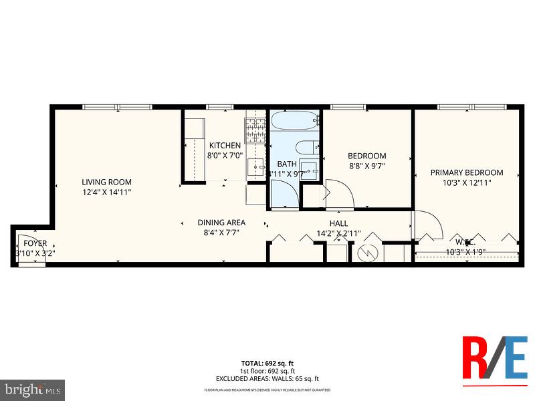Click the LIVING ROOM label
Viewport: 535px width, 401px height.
click(x=106, y=182)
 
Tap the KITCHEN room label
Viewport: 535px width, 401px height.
click(x=225, y=146)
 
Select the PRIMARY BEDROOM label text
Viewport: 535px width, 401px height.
click(x=467, y=172)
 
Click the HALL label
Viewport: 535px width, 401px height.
click(x=338, y=223)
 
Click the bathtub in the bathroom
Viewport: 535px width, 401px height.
click(x=294, y=122)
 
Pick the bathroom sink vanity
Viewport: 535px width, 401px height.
click(x=310, y=168)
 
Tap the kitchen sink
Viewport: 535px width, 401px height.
click(x=256, y=166)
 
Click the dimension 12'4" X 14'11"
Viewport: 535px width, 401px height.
click(x=106, y=192)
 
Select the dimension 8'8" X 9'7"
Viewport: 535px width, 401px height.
click(x=367, y=166)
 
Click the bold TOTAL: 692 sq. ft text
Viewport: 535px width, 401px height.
click(x=267, y=363)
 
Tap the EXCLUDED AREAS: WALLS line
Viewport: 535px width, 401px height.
click(x=267, y=378)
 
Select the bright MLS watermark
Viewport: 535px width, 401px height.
click(x=33, y=388)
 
